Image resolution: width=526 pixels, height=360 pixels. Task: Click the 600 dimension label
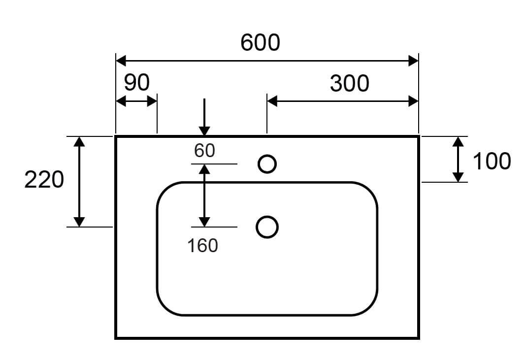point(260,43)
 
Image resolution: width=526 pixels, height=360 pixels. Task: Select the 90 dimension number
point(136,83)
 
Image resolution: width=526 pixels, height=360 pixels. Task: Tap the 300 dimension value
point(349,84)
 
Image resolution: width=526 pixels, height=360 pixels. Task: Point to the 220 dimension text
point(44,180)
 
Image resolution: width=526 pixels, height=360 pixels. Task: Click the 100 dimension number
point(492,161)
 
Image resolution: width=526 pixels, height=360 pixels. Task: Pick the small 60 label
point(204,151)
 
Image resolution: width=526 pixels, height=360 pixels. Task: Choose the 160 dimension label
point(202,245)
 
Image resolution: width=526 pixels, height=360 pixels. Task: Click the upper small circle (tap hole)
point(267,164)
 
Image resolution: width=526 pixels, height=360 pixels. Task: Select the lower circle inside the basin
point(267,227)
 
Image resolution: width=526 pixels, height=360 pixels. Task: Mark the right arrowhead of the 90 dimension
point(152,101)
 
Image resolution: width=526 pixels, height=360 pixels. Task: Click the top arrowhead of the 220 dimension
point(79,142)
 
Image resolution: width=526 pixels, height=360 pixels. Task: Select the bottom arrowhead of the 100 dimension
point(458,177)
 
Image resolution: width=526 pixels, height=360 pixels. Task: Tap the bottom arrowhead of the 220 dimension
point(79,222)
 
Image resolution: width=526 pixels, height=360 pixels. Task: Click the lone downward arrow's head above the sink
point(204,131)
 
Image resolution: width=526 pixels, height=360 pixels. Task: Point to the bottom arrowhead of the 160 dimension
point(204,222)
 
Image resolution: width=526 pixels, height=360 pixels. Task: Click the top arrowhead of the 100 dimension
point(458,142)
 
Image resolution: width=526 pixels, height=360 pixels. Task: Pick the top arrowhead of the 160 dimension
point(204,169)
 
